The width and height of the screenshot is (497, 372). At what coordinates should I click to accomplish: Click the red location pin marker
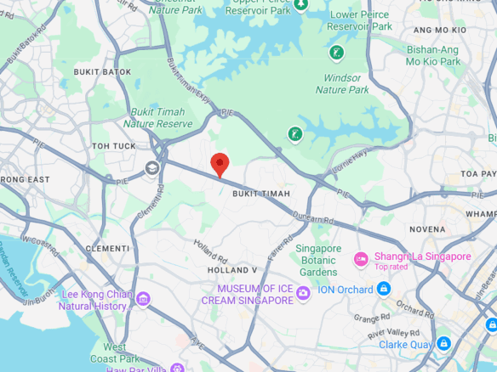tap(220, 163)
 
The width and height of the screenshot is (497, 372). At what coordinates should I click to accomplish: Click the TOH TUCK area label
tap(114, 146)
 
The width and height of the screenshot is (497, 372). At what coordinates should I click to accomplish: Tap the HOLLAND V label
tap(232, 270)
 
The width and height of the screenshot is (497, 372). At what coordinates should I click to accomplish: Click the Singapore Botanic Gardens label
tap(317, 260)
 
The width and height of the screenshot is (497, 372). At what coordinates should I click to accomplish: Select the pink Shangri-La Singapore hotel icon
tap(361, 258)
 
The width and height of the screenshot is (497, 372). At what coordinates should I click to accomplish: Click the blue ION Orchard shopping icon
tap(384, 290)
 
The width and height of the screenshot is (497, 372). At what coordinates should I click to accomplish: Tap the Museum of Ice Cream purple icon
tap(303, 295)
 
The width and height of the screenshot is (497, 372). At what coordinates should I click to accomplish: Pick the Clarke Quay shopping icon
tap(443, 343)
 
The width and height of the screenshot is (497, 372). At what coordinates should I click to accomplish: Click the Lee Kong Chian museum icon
tap(142, 299)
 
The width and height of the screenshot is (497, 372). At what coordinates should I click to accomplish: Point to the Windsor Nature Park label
tap(342, 83)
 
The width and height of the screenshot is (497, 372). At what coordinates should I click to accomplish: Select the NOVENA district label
tap(427, 229)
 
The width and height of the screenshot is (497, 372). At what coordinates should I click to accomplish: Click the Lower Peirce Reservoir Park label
tap(360, 20)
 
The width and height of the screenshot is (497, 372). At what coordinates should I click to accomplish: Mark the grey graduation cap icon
tap(152, 167)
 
